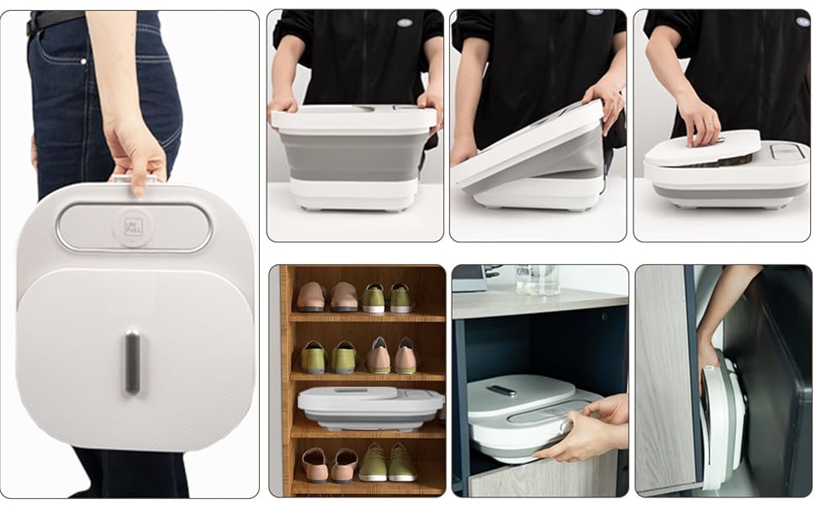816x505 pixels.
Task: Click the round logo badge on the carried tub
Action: tap(134, 227)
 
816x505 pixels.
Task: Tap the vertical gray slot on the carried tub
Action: tap(132, 362)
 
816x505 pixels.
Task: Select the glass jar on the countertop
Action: tap(538, 279)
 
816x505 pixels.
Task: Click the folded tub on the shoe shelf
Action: tap(370, 407)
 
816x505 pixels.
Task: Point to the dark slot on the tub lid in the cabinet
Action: tap(503, 391)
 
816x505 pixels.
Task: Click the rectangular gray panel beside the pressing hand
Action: tap(787, 151)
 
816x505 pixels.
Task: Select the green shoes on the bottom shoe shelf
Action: tap(386, 462)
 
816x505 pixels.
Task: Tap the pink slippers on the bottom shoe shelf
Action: tap(329, 464)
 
